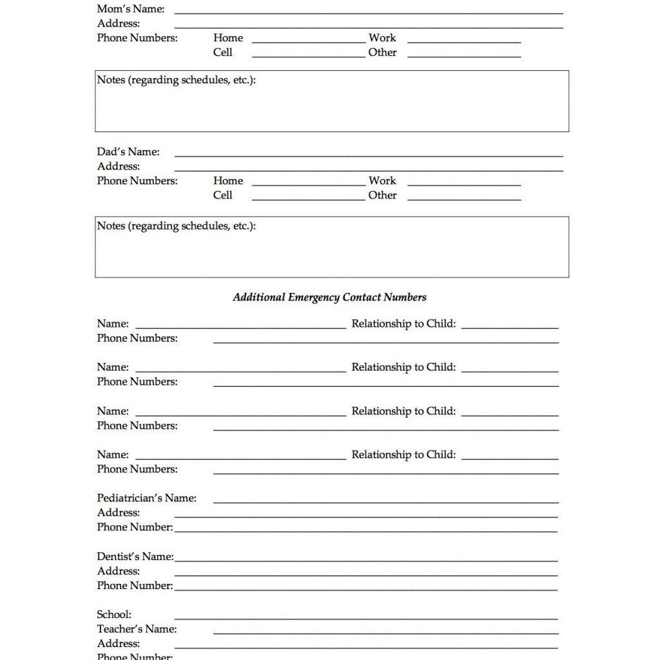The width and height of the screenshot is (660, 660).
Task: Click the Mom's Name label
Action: [x=130, y=9]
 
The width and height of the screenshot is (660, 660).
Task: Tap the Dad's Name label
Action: [x=128, y=152]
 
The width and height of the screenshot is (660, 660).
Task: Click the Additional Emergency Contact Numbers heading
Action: [x=329, y=297]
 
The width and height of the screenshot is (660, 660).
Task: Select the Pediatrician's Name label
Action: [x=147, y=498]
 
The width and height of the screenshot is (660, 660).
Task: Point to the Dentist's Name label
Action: [x=135, y=556]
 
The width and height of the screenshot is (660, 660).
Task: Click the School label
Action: [x=114, y=614]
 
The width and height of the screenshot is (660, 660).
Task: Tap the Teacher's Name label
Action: [x=137, y=629]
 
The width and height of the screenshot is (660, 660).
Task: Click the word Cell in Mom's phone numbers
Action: [x=223, y=52]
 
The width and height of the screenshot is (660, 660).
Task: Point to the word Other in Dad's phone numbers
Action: [x=383, y=195]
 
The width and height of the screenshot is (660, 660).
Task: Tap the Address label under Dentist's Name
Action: [x=119, y=571]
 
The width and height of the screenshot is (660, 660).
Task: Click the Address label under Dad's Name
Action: [x=119, y=166]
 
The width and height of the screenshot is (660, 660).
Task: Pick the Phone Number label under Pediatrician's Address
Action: [x=135, y=527]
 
